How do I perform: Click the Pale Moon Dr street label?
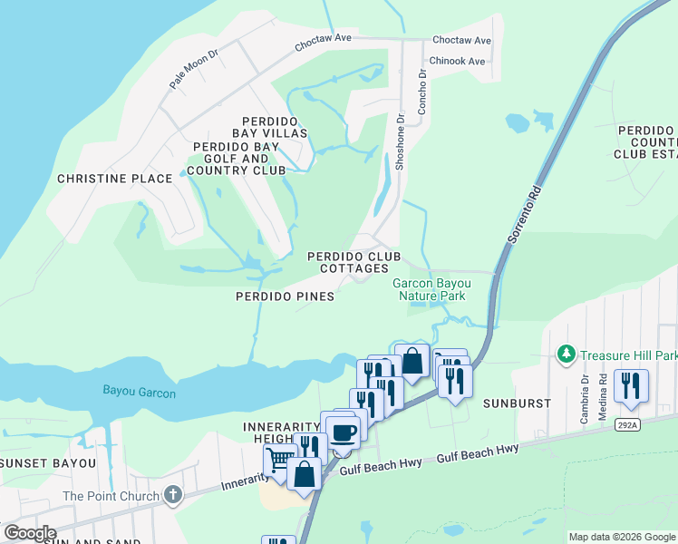(x=195, y=69)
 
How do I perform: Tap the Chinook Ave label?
(x=458, y=62)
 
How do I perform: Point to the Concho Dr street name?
(x=421, y=92)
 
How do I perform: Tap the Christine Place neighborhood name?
(x=114, y=179)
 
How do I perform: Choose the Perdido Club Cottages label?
(x=354, y=262)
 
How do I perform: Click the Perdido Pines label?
(x=285, y=296)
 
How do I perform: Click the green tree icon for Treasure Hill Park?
(x=567, y=353)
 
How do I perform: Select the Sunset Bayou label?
(x=48, y=463)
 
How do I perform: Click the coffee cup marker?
(x=343, y=432)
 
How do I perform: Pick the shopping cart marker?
(x=279, y=461)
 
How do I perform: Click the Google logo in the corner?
(x=29, y=532)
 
